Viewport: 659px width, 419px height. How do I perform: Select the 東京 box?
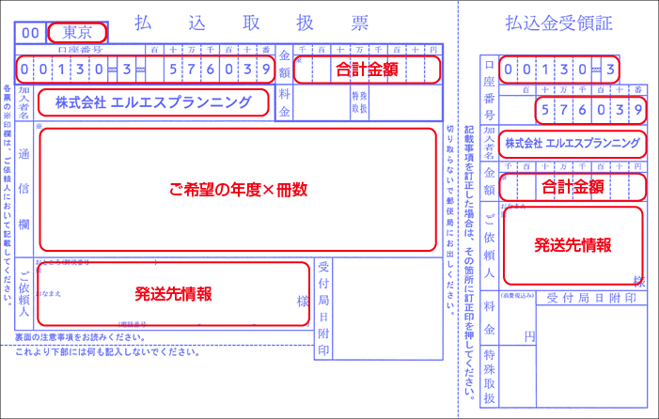pyautogui.click(x=76, y=32)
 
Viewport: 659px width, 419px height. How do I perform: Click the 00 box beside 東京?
pyautogui.click(x=29, y=33)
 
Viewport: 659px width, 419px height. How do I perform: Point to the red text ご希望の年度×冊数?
pyautogui.click(x=237, y=189)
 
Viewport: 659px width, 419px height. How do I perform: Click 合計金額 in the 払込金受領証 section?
pyautogui.click(x=573, y=186)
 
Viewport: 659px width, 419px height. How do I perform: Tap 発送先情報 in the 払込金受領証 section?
pyautogui.click(x=573, y=245)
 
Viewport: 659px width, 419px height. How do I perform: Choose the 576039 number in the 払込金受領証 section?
pyautogui.click(x=589, y=113)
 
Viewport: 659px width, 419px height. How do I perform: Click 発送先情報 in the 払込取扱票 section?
pyautogui.click(x=172, y=292)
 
